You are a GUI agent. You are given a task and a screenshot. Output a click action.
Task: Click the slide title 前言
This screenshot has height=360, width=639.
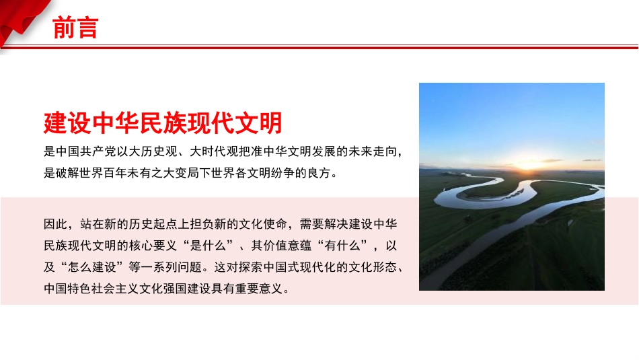(75, 28)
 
